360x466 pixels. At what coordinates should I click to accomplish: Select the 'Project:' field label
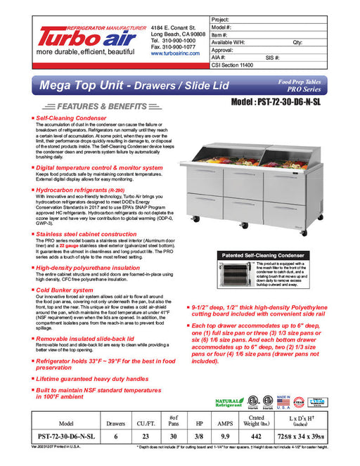[224, 19]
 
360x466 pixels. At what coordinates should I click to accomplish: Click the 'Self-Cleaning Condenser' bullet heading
[71, 119]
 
